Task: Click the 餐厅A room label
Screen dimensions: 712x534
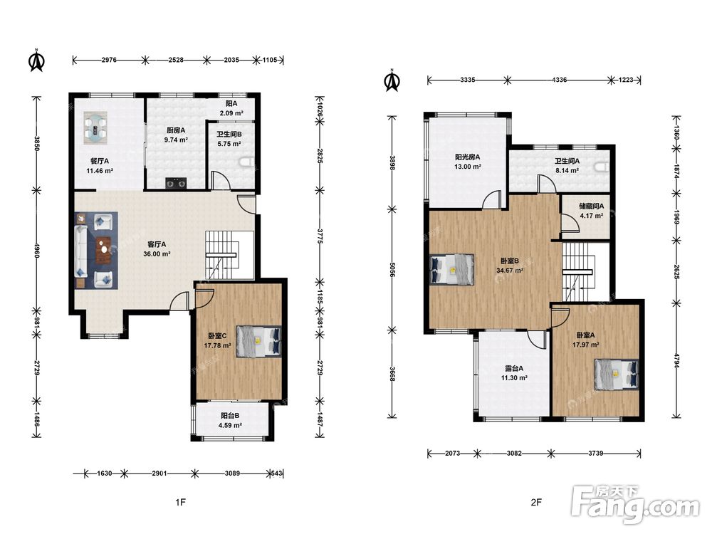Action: (100, 161)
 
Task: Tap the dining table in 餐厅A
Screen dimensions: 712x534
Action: (95, 127)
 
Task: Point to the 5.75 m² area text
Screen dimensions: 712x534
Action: (229, 144)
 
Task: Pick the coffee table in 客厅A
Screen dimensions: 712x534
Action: (105, 250)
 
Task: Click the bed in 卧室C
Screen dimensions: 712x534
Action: (259, 342)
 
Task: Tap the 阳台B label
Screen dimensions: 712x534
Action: (230, 416)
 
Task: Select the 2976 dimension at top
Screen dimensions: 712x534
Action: (109, 60)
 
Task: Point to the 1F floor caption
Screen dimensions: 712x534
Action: (180, 502)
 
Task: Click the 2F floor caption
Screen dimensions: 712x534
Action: (536, 502)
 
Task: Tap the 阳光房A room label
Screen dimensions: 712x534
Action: (467, 157)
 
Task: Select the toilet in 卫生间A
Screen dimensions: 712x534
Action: (602, 167)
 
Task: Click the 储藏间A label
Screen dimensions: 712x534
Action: (591, 206)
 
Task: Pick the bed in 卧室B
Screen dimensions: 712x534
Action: (452, 270)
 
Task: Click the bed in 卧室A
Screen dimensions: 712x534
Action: (617, 375)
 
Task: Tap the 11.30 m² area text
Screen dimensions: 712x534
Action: (514, 378)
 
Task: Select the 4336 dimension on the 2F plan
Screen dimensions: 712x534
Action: (559, 80)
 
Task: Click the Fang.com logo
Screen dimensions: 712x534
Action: (635, 504)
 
